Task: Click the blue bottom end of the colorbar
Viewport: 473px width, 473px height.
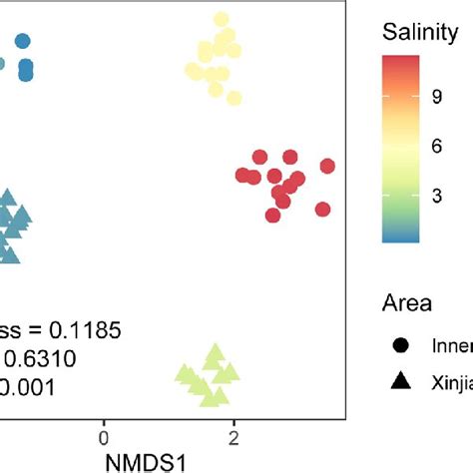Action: [395, 237]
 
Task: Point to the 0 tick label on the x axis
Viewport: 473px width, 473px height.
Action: [102, 435]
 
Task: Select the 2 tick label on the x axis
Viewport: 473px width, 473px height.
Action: [233, 435]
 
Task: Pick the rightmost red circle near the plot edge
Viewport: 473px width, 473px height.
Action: [326, 166]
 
